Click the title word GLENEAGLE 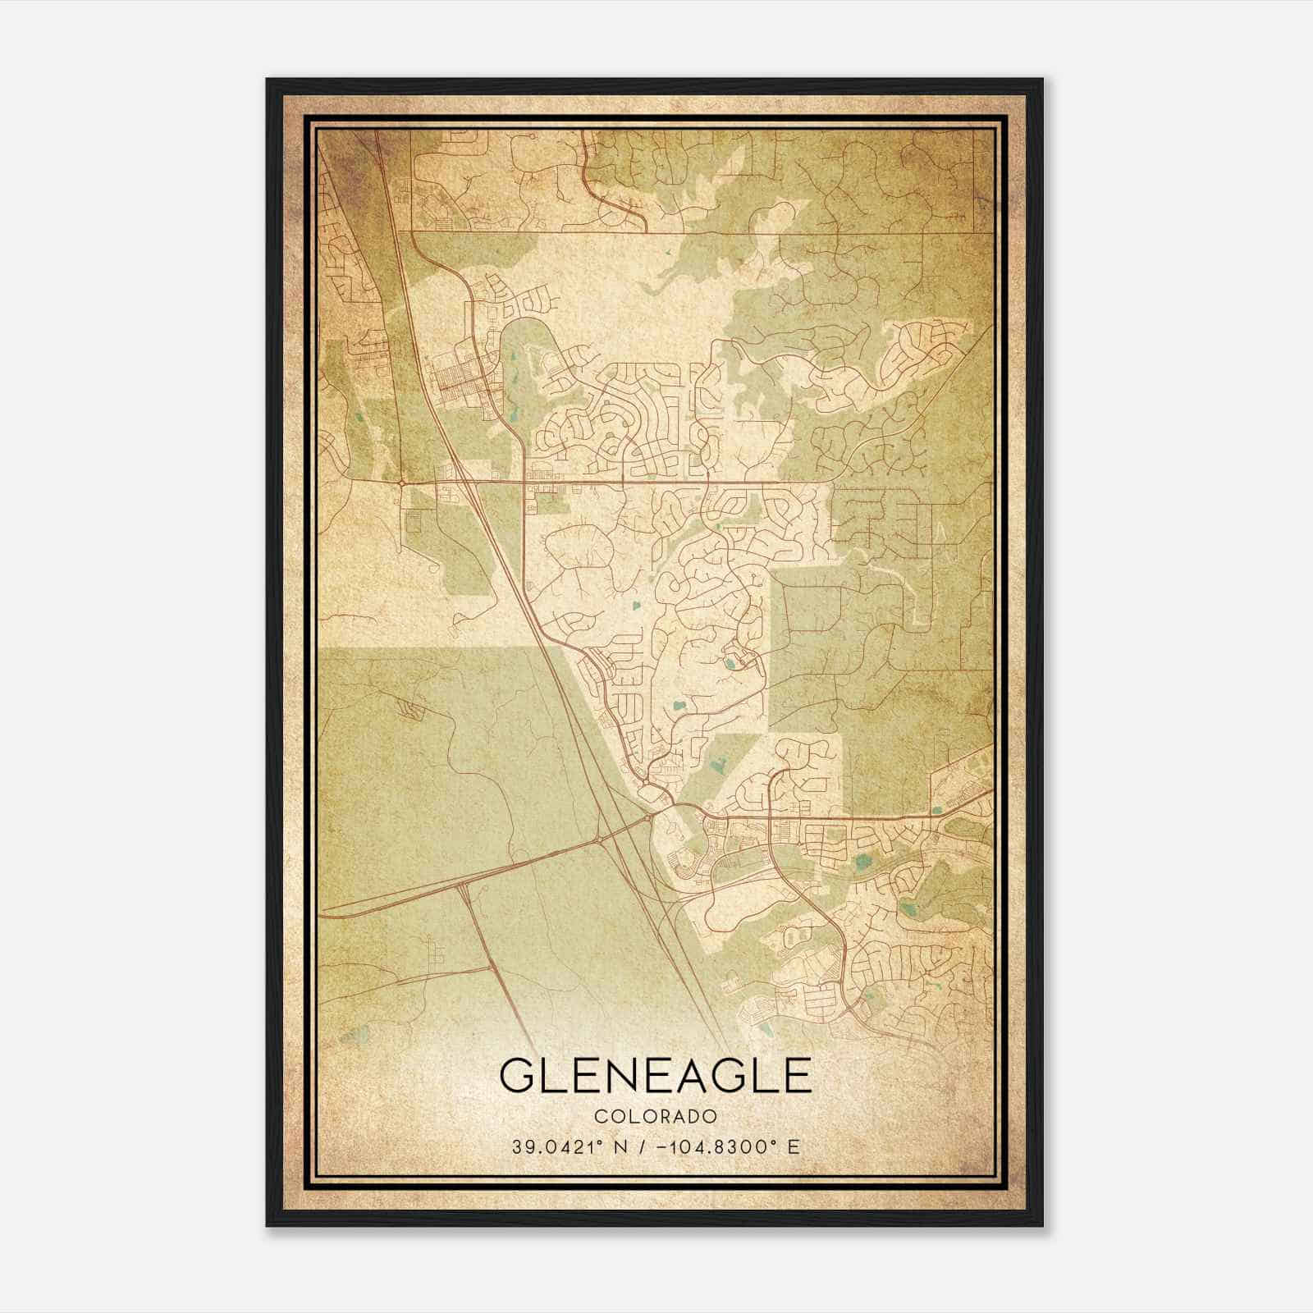pos(655,1077)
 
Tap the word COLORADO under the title pos(656,1117)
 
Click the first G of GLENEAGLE pos(519,1077)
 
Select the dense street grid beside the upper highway pos(460,382)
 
